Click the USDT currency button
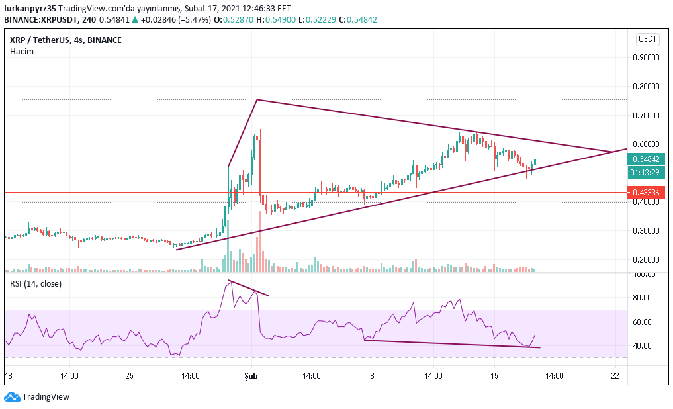[648, 40]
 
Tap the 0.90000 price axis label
[645, 57]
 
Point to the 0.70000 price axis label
[645, 115]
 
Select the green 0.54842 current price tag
[645, 159]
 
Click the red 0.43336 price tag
[645, 193]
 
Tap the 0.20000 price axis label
[645, 260]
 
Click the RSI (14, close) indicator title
[36, 284]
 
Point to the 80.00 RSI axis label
[644, 298]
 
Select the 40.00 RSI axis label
[644, 346]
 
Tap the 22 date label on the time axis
[615, 375]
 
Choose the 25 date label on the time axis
[130, 375]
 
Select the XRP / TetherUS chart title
[66, 40]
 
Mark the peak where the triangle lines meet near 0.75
[257, 99]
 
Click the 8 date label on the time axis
[372, 375]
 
